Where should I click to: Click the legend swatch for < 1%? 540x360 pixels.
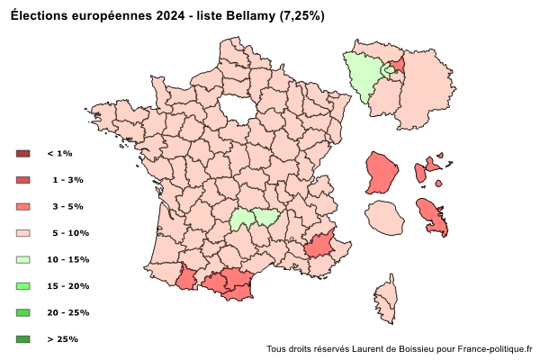[23, 154]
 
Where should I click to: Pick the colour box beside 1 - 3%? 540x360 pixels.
[23, 180]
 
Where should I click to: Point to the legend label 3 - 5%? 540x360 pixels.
[67, 207]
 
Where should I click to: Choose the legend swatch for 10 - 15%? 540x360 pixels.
[23, 260]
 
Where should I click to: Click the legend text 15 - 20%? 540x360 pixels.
[67, 286]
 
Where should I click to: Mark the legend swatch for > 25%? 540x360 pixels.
[23, 339]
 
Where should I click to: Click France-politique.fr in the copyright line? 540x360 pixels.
[495, 348]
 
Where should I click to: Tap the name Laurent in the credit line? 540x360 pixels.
[369, 348]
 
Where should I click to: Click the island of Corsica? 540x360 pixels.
[388, 296]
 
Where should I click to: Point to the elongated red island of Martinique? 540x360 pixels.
[435, 217]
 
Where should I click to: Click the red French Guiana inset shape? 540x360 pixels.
[382, 172]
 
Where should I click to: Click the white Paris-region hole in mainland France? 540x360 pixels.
[235, 108]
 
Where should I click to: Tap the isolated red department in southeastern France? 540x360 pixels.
[319, 246]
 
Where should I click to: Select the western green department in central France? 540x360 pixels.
[241, 219]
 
